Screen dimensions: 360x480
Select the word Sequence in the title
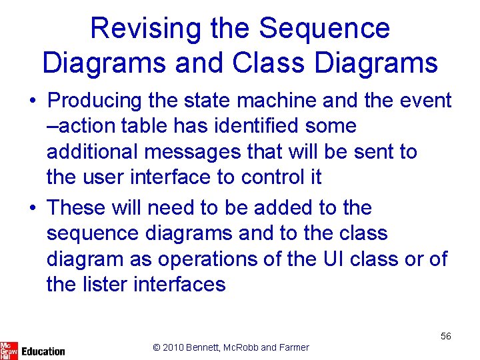pyautogui.click(x=324, y=29)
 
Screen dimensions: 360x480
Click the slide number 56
pyautogui.click(x=445, y=336)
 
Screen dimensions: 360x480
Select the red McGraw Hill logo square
pyautogui.click(x=9, y=349)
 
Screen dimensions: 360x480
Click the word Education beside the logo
pyautogui.click(x=43, y=351)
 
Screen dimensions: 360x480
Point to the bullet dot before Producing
pyautogui.click(x=33, y=101)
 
